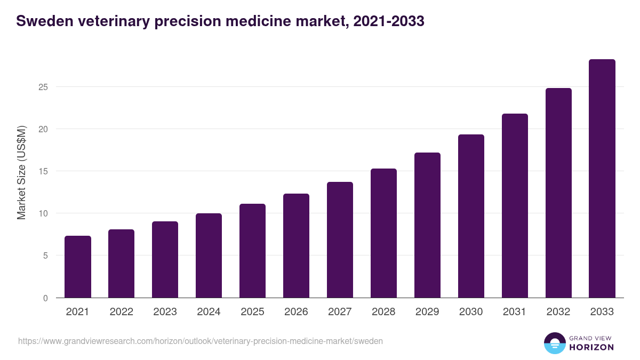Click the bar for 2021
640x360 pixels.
tap(78, 267)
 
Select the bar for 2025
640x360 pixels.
tap(252, 251)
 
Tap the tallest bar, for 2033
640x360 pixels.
tap(602, 179)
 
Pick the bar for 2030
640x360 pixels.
tap(471, 216)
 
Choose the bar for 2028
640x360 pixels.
tap(383, 233)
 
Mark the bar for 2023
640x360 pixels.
tap(165, 260)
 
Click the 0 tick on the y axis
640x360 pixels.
tap(45, 298)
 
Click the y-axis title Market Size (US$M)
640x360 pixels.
tap(21, 172)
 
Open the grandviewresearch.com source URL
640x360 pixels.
tap(201, 341)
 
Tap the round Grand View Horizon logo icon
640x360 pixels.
tap(555, 343)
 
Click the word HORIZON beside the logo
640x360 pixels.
tap(591, 347)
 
